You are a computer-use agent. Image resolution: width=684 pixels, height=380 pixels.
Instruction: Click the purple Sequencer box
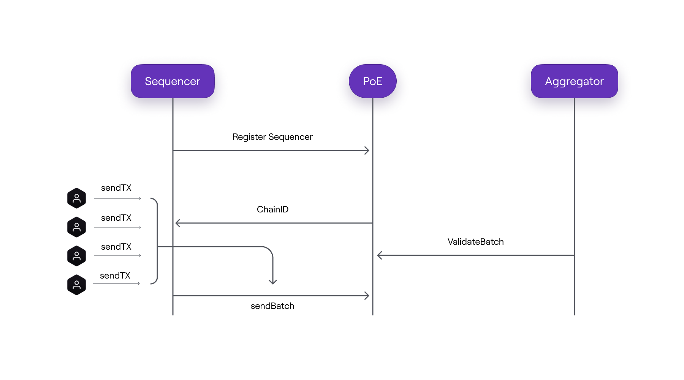pyautogui.click(x=173, y=81)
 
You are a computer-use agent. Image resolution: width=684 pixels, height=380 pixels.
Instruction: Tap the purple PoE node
pyautogui.click(x=372, y=81)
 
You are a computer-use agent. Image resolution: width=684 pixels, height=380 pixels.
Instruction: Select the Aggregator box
pyautogui.click(x=574, y=81)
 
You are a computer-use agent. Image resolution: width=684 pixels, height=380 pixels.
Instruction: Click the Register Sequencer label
pyautogui.click(x=272, y=137)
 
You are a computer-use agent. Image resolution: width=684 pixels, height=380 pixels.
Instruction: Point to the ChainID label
pyautogui.click(x=272, y=209)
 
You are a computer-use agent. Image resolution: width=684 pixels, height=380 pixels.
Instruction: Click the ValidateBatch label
pyautogui.click(x=475, y=242)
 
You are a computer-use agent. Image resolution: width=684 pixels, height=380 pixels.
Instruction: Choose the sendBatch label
pyautogui.click(x=272, y=306)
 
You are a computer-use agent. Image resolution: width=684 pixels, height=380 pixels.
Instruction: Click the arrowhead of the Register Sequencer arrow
pyautogui.click(x=367, y=150)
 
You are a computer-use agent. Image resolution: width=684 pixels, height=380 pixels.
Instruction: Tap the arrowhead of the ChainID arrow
pyautogui.click(x=177, y=223)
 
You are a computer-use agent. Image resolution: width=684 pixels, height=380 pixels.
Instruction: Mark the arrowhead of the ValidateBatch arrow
pyautogui.click(x=379, y=255)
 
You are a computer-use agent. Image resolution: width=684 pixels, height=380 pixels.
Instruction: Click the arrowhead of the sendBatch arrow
pyautogui.click(x=367, y=296)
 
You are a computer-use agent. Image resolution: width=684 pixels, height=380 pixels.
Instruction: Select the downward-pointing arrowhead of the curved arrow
pyautogui.click(x=273, y=282)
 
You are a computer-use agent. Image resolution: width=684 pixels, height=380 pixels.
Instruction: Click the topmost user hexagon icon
pyautogui.click(x=76, y=198)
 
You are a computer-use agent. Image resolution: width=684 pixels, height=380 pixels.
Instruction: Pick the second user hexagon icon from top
pyautogui.click(x=76, y=227)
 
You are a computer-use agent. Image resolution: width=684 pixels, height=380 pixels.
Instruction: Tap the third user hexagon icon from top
pyautogui.click(x=76, y=256)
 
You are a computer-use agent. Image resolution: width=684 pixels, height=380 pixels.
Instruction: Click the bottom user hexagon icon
pyautogui.click(x=76, y=285)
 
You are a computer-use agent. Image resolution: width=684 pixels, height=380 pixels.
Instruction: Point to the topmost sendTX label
pyautogui.click(x=116, y=188)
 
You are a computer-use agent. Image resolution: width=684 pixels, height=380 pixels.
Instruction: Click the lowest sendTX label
pyautogui.click(x=115, y=275)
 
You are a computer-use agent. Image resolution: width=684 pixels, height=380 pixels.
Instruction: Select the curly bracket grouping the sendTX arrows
pyautogui.click(x=155, y=241)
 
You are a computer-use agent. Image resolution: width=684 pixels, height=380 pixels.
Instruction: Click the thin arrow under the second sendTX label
pyautogui.click(x=117, y=227)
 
